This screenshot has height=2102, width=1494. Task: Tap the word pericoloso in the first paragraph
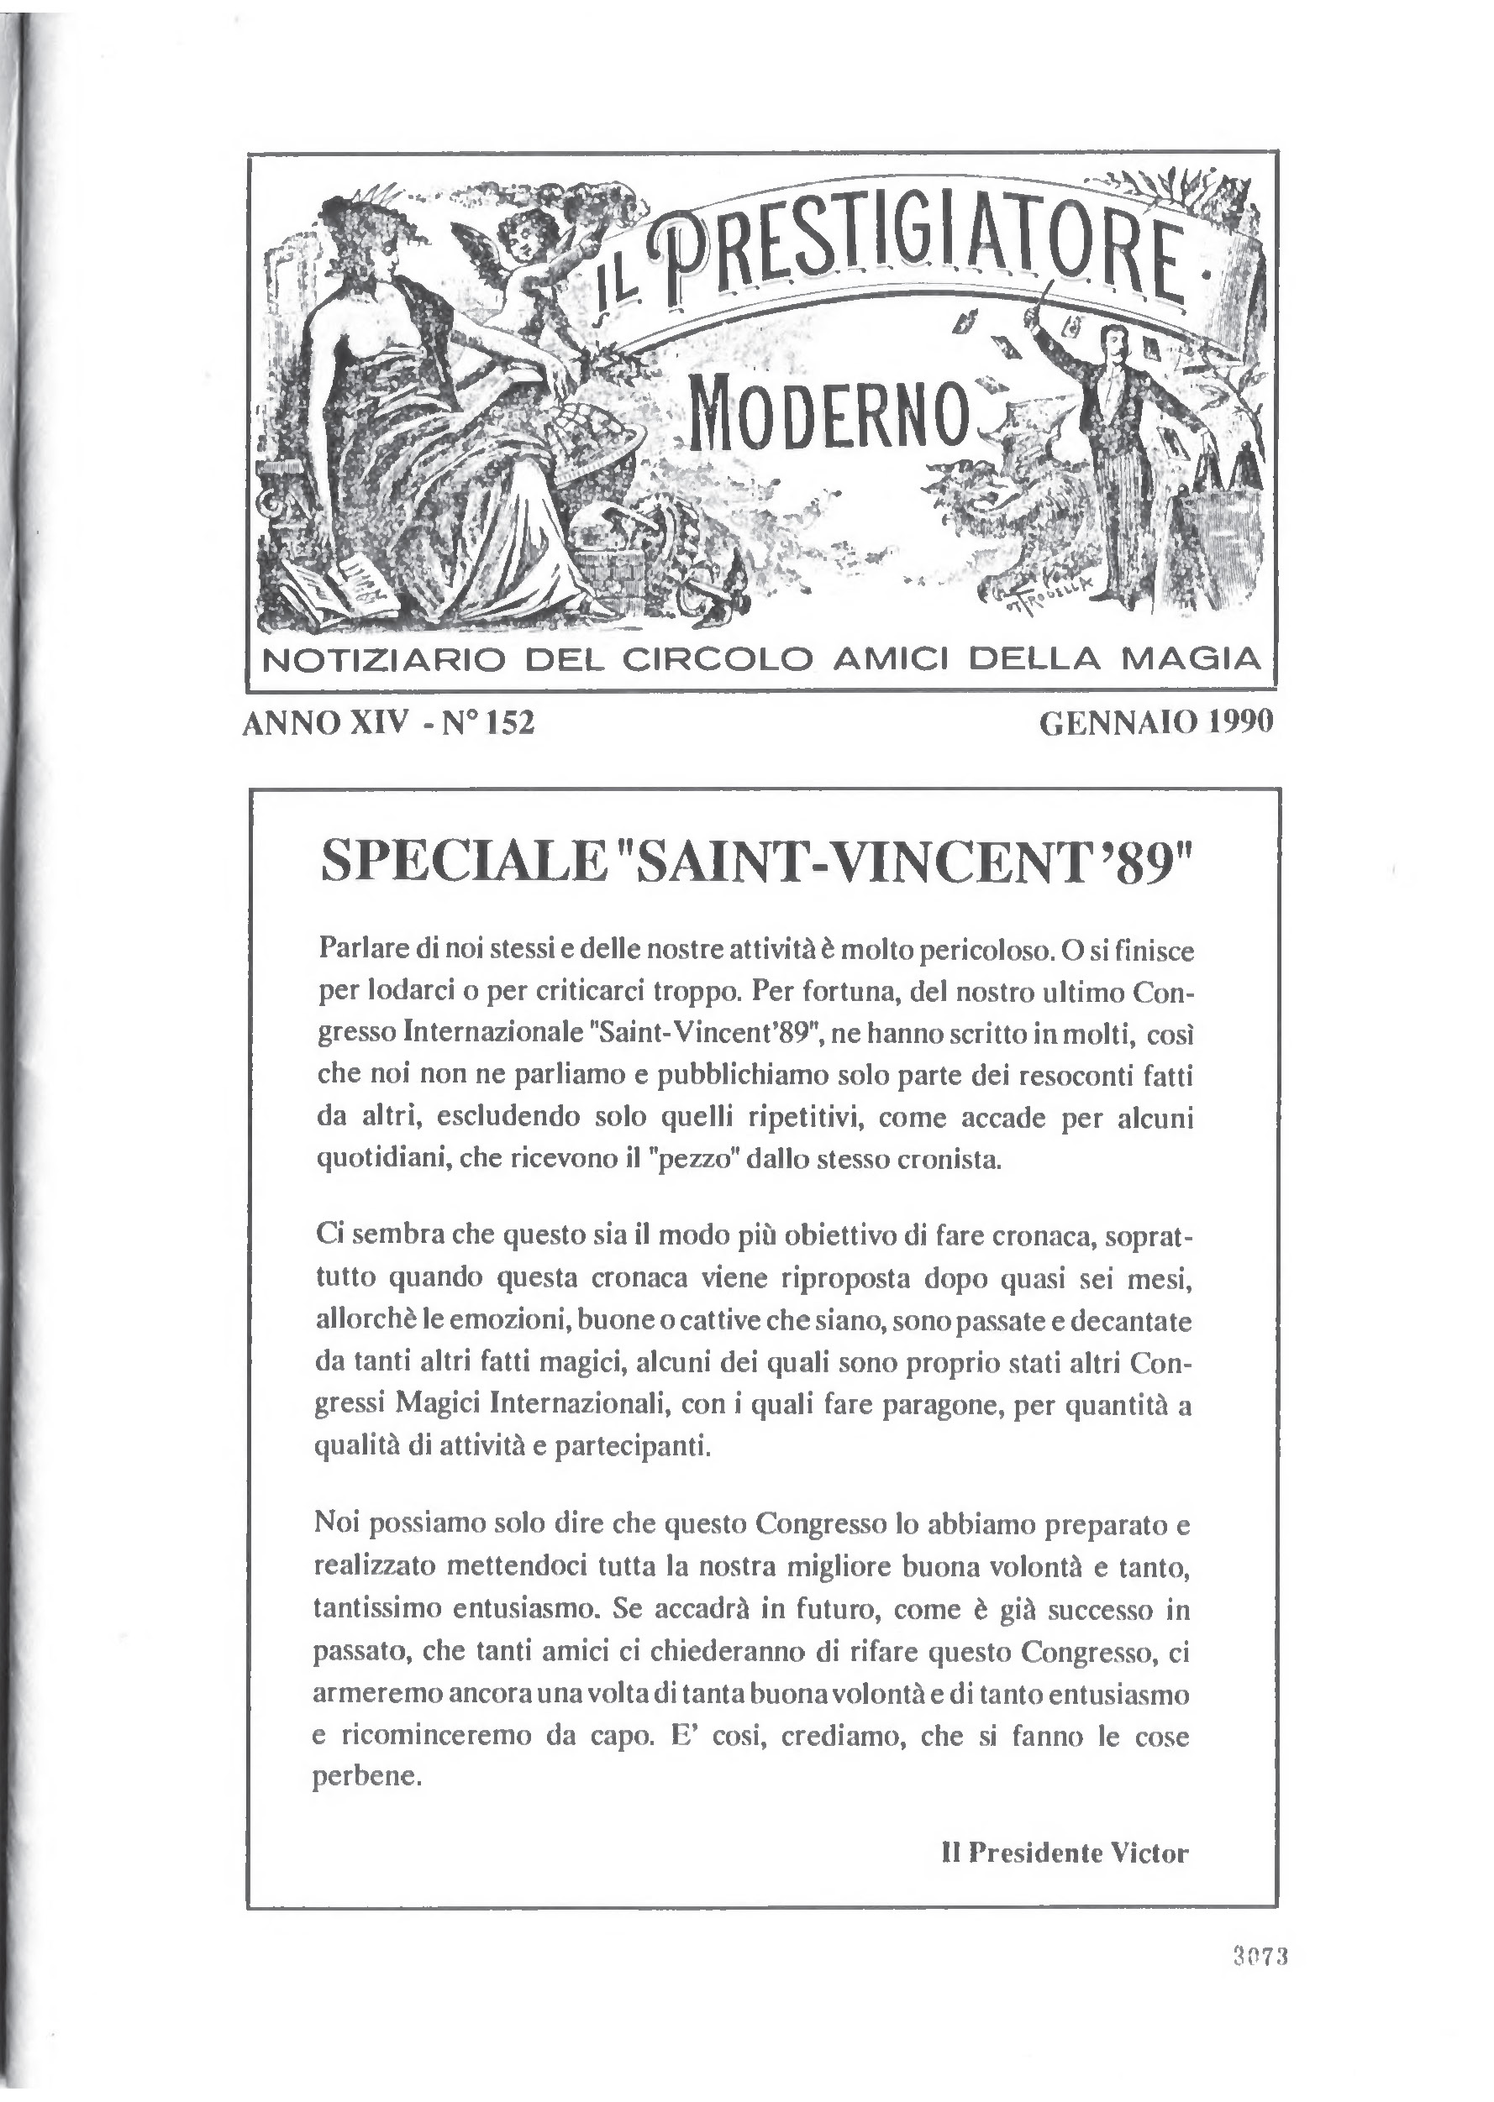coord(982,950)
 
